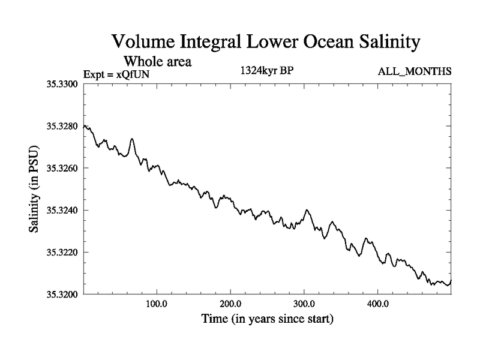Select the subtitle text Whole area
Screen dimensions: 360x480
tap(157, 61)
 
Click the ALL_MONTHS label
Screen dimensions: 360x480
tap(415, 72)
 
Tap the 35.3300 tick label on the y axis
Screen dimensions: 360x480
tap(62, 84)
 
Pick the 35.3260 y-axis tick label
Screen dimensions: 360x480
tap(62, 168)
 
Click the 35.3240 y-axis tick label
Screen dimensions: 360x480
tap(62, 210)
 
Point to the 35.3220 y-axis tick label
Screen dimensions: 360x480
tap(62, 252)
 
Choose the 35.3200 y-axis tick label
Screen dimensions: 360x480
tap(62, 294)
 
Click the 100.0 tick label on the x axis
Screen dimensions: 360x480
tap(157, 304)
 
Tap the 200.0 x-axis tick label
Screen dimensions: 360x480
tap(230, 304)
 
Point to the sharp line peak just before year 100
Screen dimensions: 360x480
tap(131, 139)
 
